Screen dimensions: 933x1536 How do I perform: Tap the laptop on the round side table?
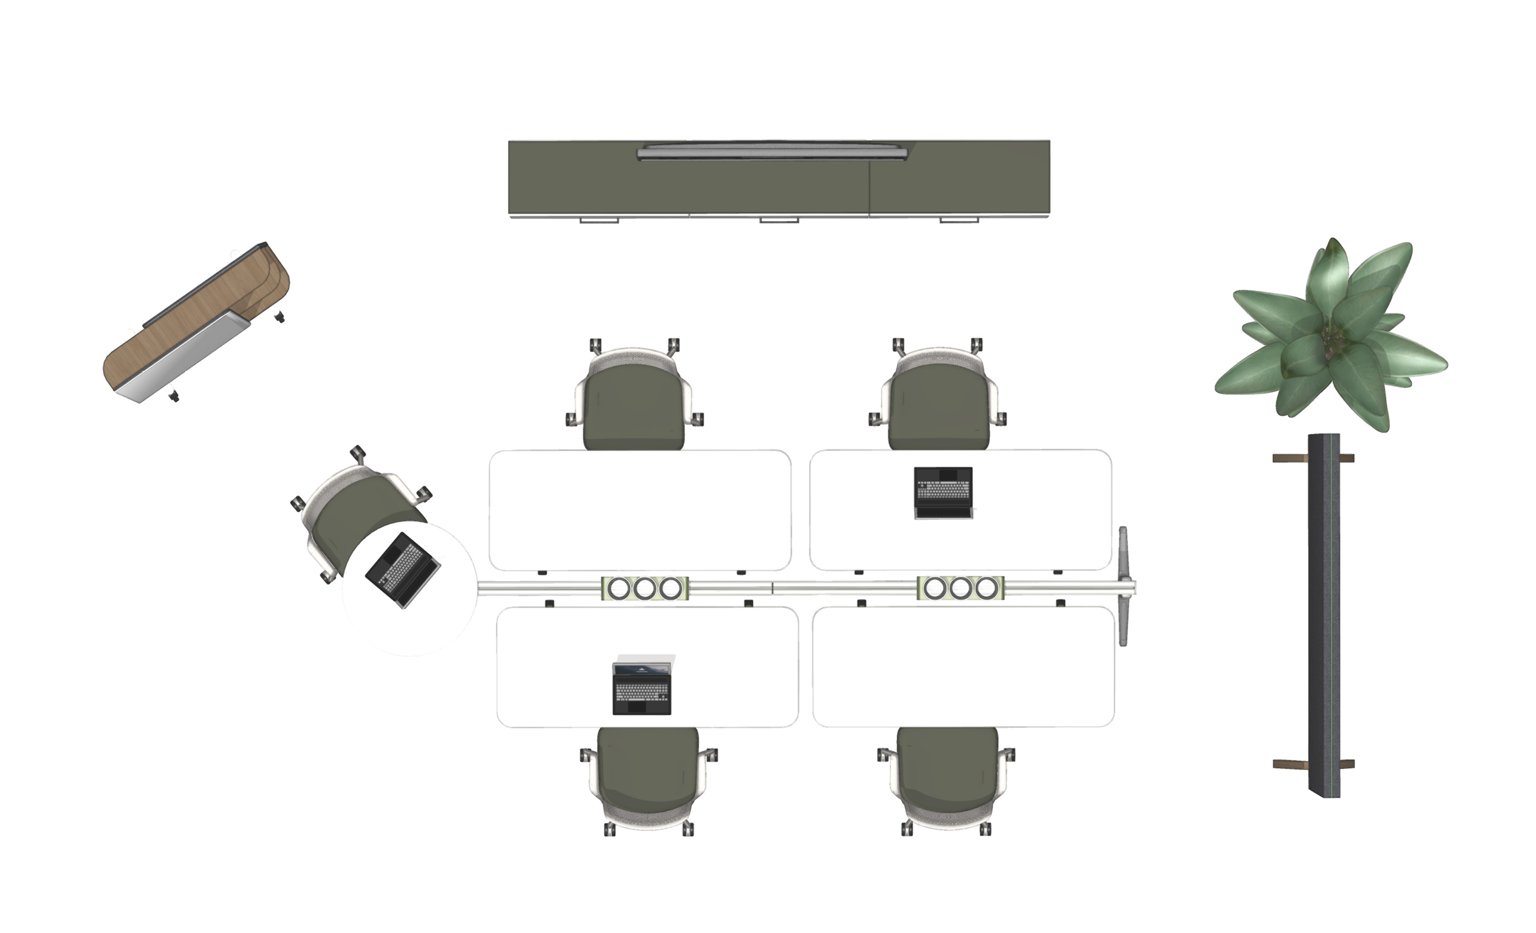point(403,570)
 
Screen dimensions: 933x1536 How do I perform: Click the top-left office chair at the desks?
point(634,399)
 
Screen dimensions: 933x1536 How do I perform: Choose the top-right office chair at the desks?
point(938,399)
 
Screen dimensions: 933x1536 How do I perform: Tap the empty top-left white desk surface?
point(640,509)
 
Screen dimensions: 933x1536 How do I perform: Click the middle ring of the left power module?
point(645,588)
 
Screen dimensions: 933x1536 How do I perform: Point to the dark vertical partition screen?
point(1323,614)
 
